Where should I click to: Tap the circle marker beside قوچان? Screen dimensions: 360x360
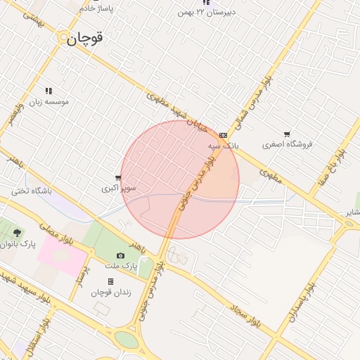(x=64, y=39)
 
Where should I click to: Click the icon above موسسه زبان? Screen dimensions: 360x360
(x=49, y=91)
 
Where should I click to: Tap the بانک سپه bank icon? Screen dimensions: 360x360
(x=223, y=135)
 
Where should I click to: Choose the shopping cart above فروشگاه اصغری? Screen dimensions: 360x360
(x=287, y=134)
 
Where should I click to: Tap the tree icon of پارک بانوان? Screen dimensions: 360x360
(x=18, y=233)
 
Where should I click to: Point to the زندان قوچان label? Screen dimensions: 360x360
(x=110, y=292)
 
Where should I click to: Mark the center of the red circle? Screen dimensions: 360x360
(x=180, y=179)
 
